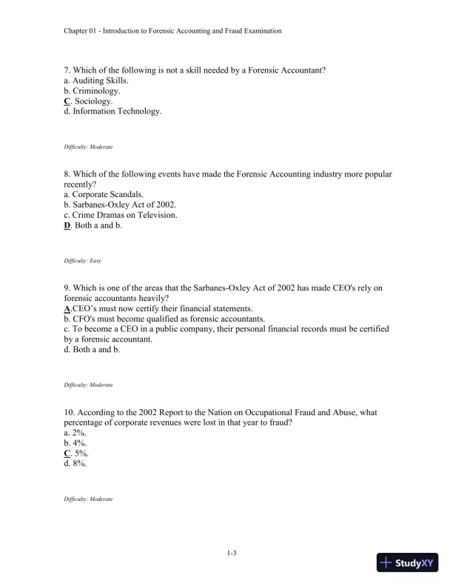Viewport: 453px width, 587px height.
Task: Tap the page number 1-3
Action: point(231,552)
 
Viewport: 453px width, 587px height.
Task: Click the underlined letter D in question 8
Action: point(67,225)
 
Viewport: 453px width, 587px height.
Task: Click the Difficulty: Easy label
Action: point(85,262)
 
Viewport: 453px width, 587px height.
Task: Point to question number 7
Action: point(67,70)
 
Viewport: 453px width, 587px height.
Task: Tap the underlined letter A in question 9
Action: point(67,308)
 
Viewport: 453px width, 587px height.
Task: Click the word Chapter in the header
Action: point(78,31)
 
